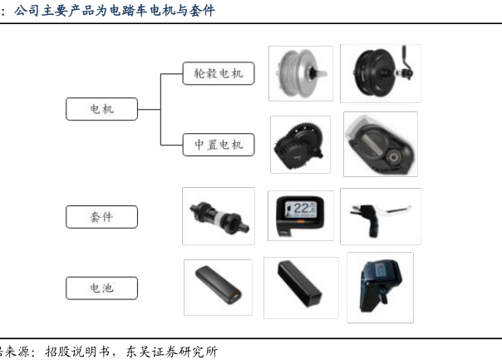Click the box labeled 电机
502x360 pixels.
pyautogui.click(x=101, y=109)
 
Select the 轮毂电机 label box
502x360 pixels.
pyautogui.click(x=219, y=73)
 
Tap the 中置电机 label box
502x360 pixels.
pyautogui.click(x=219, y=145)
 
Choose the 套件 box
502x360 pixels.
pyautogui.click(x=101, y=217)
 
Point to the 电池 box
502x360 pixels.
pyautogui.click(x=101, y=288)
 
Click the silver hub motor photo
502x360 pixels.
pyautogui.click(x=301, y=73)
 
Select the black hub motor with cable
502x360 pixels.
pyautogui.click(x=381, y=73)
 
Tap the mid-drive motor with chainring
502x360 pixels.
pyautogui.click(x=300, y=145)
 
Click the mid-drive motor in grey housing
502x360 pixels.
pyautogui.click(x=381, y=144)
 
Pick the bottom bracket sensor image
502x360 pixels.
pyautogui.click(x=219, y=216)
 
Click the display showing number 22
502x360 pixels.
pyautogui.click(x=301, y=215)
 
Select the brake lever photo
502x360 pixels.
pyautogui.click(x=381, y=216)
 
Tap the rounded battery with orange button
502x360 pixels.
pyautogui.click(x=218, y=288)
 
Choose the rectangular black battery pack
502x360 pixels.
pyautogui.click(x=301, y=288)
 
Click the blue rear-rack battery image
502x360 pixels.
pyautogui.click(x=381, y=288)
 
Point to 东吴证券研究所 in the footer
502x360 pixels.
pyautogui.click(x=171, y=352)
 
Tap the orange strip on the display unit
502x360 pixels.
pyautogui.click(x=301, y=221)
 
